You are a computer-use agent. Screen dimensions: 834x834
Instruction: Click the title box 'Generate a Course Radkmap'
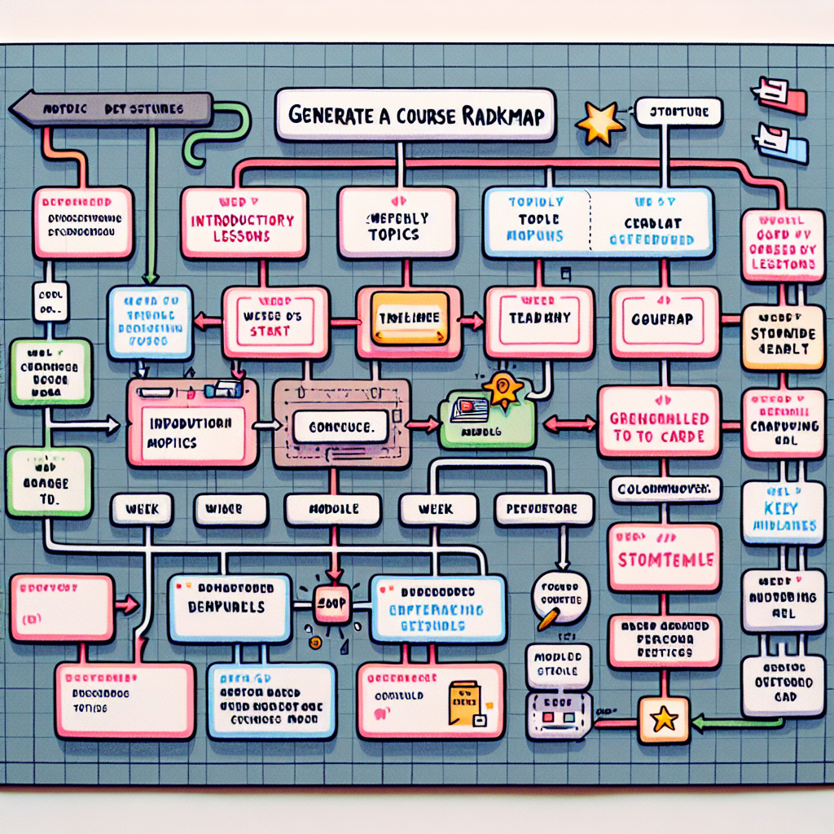415,115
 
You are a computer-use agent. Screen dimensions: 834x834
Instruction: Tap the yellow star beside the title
600,122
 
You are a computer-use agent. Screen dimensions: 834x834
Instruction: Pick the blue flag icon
781,143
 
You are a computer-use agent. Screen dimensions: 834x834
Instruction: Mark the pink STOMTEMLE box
664,559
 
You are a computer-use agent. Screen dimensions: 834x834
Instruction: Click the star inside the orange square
665,718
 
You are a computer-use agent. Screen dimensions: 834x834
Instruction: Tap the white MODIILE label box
333,510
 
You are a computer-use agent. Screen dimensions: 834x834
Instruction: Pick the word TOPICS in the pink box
396,234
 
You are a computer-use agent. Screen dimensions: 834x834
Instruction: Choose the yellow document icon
464,703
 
